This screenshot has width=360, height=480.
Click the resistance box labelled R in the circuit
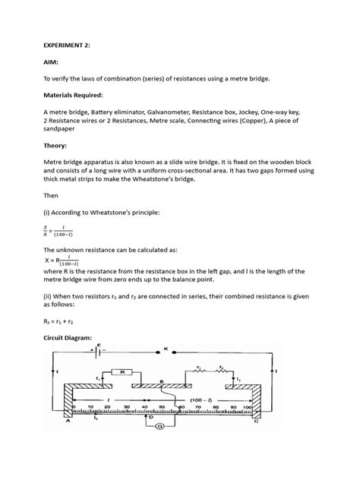[x=122, y=373]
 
